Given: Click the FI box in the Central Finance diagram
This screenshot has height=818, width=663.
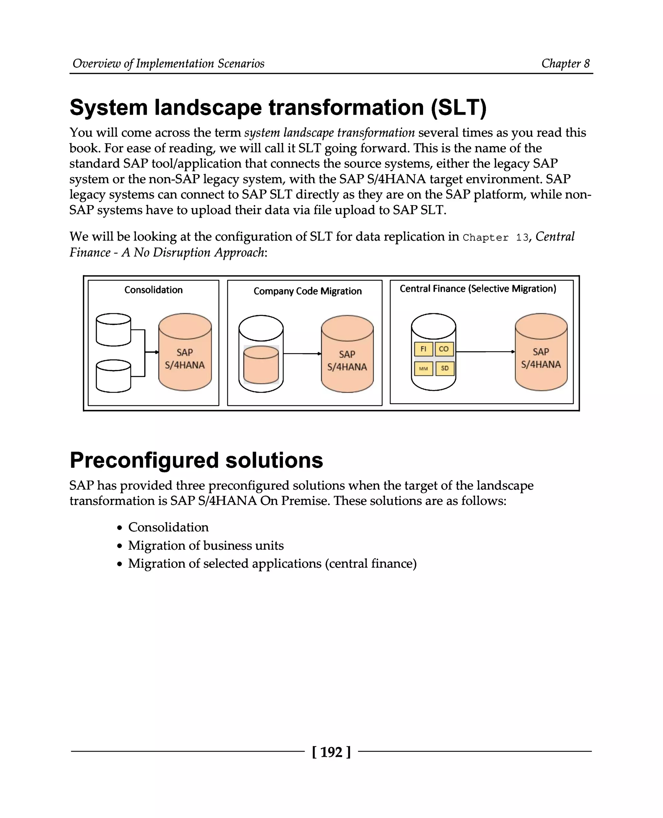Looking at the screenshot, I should (x=423, y=349).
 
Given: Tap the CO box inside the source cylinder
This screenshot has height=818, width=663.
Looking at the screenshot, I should (x=444, y=349).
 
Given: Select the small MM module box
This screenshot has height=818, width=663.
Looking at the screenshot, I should (x=423, y=368).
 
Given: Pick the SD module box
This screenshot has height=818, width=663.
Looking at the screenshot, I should (x=444, y=368).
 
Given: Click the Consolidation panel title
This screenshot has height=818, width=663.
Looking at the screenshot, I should (x=153, y=290).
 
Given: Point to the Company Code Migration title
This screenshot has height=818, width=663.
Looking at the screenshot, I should (x=308, y=291).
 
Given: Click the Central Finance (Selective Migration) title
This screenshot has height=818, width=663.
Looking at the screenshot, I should (x=478, y=289).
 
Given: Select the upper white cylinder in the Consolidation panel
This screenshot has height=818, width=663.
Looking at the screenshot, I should (x=113, y=329).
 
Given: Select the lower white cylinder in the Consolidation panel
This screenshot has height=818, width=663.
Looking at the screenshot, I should (x=113, y=376).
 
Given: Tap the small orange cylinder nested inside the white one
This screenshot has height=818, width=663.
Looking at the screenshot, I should (x=261, y=365).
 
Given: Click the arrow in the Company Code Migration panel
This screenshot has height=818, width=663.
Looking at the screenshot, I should (x=302, y=353).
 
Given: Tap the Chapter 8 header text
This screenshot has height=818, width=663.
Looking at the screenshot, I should (x=565, y=63).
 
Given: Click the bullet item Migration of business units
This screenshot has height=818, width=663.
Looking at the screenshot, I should (x=206, y=546).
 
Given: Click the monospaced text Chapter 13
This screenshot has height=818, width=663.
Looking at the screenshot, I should (x=495, y=237).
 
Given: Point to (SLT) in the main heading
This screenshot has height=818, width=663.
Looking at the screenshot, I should (x=458, y=108).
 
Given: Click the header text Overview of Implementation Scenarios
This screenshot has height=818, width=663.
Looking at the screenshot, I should (x=168, y=63).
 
